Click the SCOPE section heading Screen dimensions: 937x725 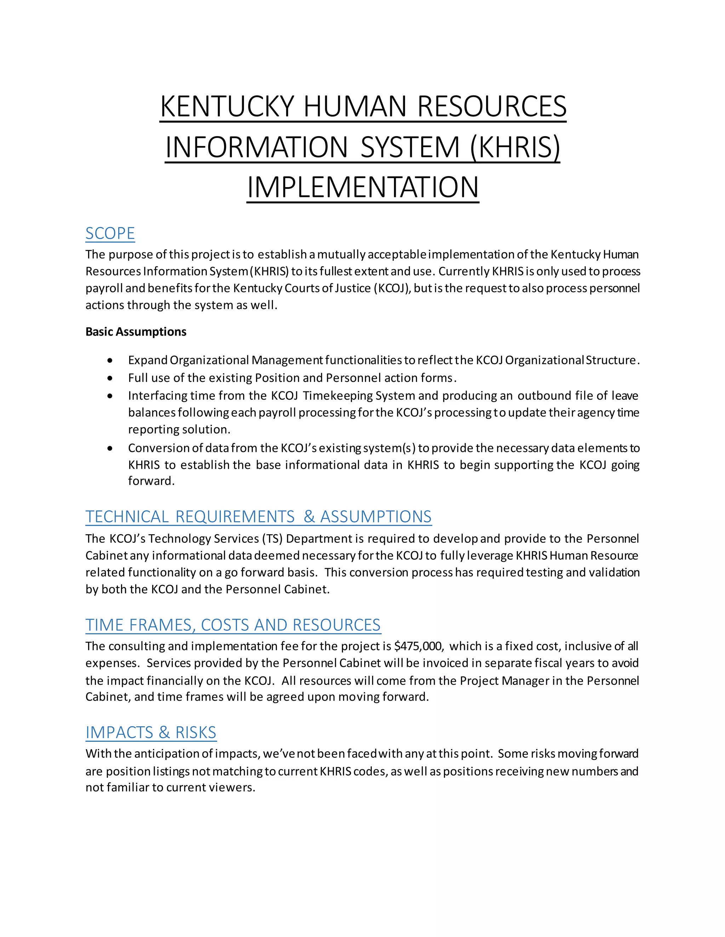(x=110, y=234)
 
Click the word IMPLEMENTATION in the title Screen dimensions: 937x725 (x=362, y=187)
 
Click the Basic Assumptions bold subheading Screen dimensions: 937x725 (x=136, y=332)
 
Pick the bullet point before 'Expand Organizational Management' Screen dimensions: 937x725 (x=111, y=361)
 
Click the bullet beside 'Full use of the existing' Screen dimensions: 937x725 (x=111, y=378)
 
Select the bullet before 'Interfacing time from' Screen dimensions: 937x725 (x=111, y=396)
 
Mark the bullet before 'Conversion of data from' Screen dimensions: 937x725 (x=111, y=449)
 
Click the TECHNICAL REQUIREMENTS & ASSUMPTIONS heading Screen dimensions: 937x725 (x=258, y=517)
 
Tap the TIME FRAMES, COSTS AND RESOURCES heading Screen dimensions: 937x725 (x=233, y=625)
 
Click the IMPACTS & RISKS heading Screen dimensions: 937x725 (x=151, y=732)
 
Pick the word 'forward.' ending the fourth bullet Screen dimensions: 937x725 (x=151, y=481)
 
